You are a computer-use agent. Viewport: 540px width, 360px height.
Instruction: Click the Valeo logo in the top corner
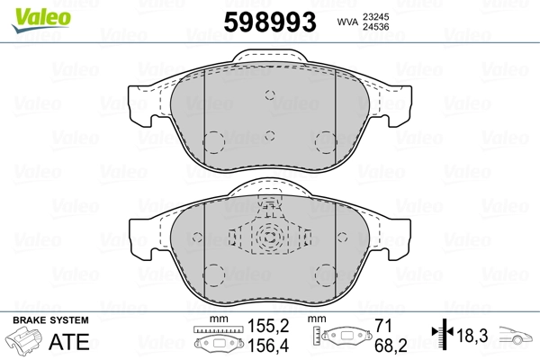click(41, 20)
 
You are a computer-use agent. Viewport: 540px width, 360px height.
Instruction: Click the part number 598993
click(270, 22)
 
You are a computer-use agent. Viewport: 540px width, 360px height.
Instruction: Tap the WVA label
click(347, 22)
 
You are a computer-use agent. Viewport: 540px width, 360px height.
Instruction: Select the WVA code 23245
click(375, 17)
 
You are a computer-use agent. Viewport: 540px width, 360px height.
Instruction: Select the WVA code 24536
click(375, 27)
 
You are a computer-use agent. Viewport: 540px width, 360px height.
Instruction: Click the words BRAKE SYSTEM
click(50, 320)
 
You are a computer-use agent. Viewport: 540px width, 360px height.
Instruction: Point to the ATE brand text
click(69, 341)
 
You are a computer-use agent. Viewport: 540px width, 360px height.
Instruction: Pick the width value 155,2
click(268, 326)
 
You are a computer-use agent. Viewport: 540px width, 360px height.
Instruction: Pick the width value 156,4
click(268, 346)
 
